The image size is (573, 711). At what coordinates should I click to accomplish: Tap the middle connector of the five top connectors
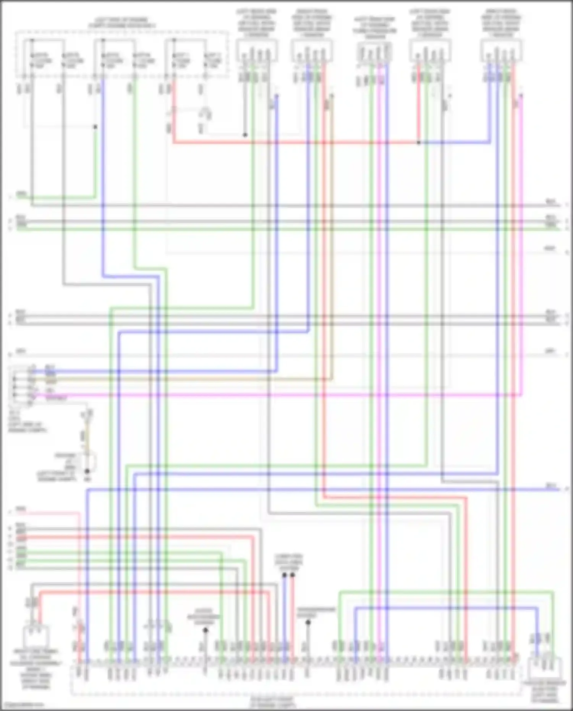click(374, 52)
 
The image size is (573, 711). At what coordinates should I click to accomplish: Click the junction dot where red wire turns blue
click(419, 143)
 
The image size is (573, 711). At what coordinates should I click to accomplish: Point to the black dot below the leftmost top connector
click(245, 135)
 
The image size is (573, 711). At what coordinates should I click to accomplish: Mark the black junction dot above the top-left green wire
click(95, 127)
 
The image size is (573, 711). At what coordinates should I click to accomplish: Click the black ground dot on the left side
click(87, 471)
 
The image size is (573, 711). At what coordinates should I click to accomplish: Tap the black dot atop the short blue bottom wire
click(285, 575)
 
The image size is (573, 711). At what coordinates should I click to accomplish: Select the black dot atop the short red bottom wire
click(293, 575)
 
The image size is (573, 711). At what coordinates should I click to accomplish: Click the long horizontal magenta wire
click(267, 394)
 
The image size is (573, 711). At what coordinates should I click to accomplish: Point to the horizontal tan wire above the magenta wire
click(191, 379)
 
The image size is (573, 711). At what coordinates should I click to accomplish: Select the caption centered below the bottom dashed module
click(272, 701)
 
